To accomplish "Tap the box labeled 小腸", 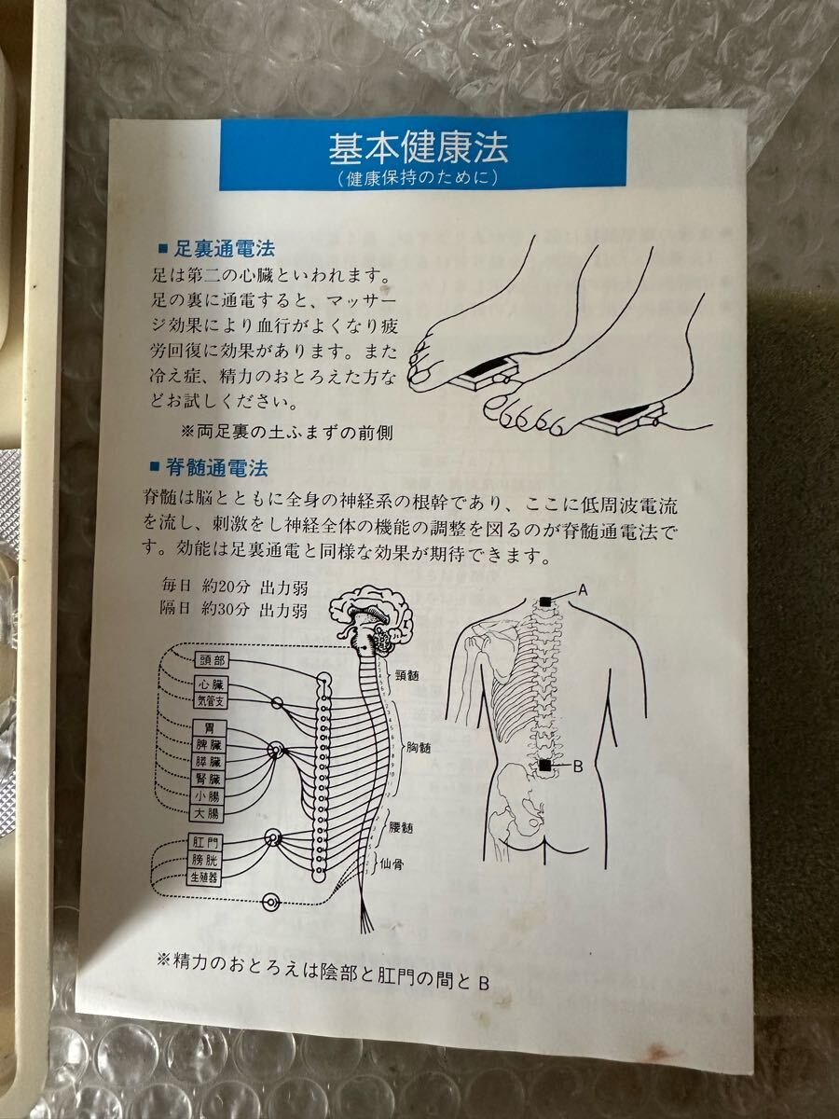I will (209, 797).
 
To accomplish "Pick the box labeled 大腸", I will (209, 814).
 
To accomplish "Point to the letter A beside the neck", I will (583, 589).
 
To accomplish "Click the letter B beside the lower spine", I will (577, 767).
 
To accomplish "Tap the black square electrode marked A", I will (546, 601).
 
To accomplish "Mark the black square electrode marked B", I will (543, 766).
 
